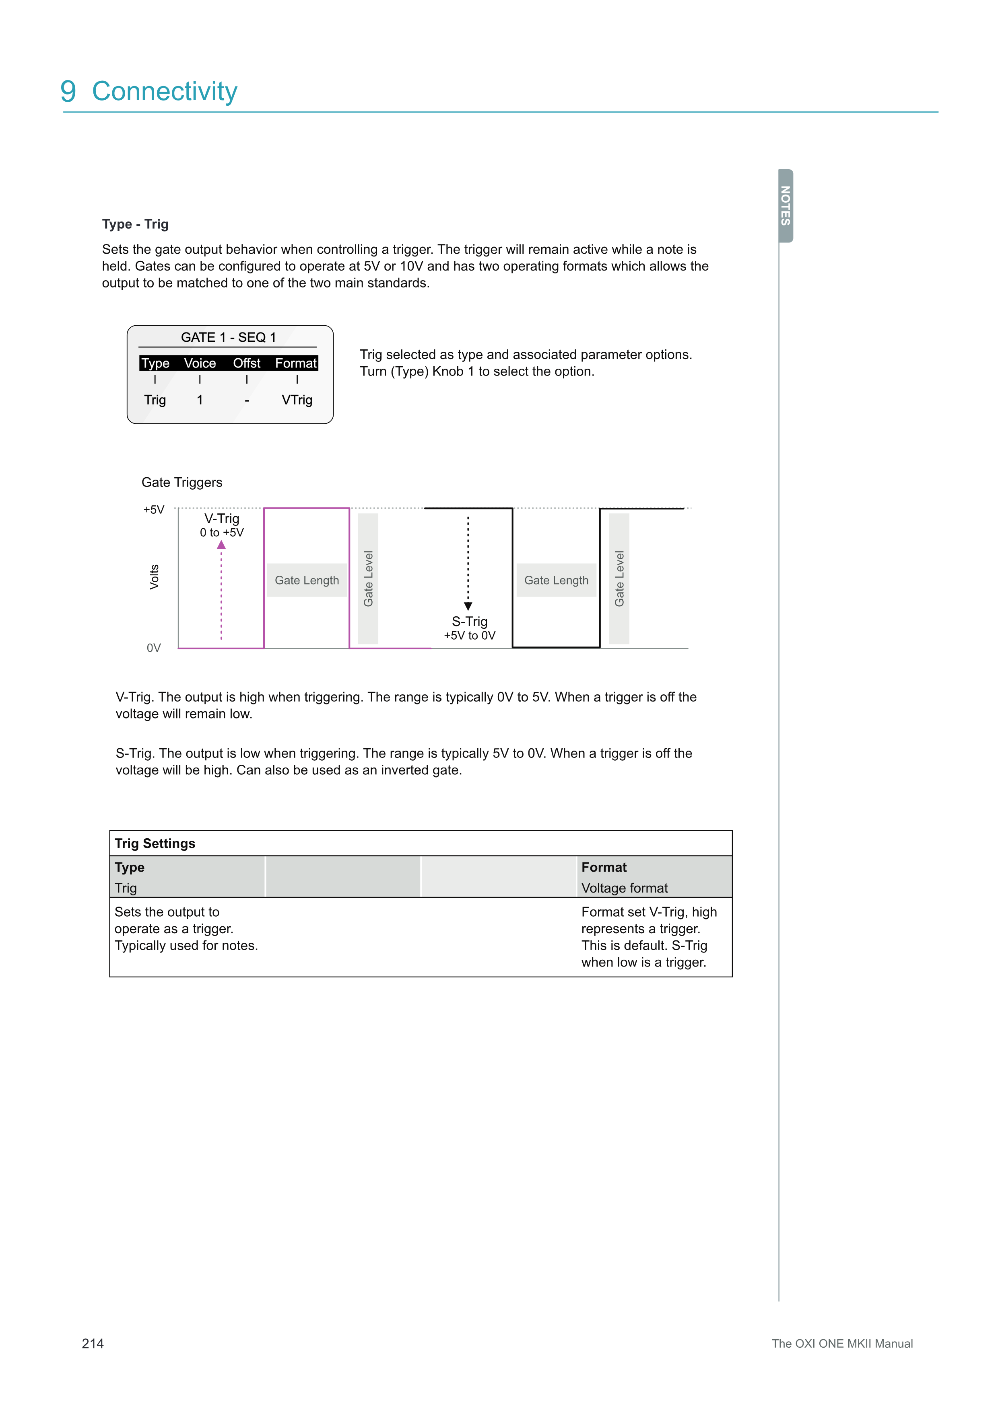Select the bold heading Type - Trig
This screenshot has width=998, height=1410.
coord(135,224)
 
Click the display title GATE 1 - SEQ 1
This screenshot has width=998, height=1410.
coord(228,337)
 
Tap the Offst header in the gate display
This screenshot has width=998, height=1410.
coord(246,363)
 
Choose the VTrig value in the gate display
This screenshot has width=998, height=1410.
coord(297,400)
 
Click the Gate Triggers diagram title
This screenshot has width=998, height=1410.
coord(182,482)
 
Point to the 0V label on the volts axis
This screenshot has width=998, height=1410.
coord(154,648)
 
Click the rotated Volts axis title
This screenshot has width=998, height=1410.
coord(154,577)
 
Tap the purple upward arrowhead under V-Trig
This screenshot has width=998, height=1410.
coord(221,545)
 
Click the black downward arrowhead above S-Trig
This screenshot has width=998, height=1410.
coord(468,606)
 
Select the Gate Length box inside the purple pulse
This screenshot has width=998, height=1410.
coord(307,580)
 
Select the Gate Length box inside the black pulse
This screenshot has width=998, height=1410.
coord(556,580)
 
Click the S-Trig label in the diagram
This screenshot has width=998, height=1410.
coord(470,622)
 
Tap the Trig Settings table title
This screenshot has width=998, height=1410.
coord(155,843)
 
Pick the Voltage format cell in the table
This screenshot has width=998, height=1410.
coord(625,888)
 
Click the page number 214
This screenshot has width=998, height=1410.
coord(93,1344)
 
